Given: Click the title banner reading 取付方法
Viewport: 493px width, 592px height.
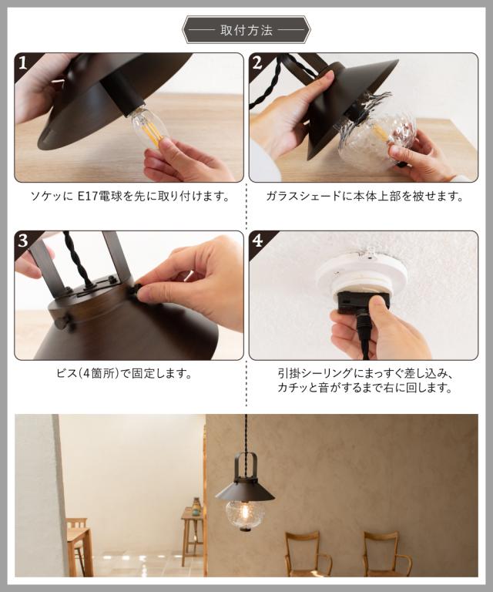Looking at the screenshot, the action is tap(246, 30).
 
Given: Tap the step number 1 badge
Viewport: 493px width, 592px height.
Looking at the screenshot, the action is tap(23, 63).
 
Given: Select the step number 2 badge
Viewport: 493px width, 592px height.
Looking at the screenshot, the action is tap(257, 63).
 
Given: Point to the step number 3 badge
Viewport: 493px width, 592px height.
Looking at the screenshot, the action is tap(23, 240).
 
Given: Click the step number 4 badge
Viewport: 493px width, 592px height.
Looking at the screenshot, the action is tap(257, 240).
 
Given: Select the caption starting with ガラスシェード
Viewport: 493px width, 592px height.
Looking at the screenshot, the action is tap(364, 197).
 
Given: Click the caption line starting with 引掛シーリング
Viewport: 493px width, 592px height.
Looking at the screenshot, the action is tap(365, 374).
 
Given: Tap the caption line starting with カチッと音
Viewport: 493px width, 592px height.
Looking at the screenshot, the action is tap(364, 388).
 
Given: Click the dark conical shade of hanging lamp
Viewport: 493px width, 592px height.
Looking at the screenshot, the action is tap(245, 492).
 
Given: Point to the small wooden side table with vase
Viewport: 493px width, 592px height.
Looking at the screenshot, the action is tap(193, 533).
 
